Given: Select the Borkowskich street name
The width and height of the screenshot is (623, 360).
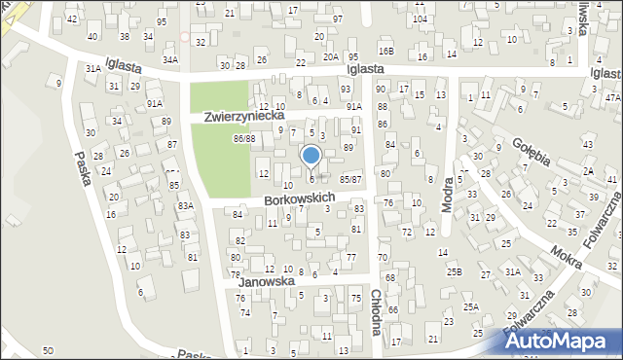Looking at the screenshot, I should click(x=300, y=198).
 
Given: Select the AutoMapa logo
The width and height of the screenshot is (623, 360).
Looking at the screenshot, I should click(x=562, y=341).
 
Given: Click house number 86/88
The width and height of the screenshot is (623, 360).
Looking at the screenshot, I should click(x=243, y=139).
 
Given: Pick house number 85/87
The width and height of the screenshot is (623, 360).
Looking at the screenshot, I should click(x=350, y=180).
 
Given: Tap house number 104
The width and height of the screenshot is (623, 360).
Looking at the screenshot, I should click(x=420, y=19).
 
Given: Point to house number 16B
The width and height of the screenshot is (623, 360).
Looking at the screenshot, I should click(x=386, y=51).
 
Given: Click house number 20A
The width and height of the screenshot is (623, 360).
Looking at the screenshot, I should click(x=331, y=57).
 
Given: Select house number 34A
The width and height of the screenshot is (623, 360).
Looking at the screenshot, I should click(x=170, y=59).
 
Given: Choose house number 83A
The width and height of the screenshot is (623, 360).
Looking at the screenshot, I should click(x=185, y=206).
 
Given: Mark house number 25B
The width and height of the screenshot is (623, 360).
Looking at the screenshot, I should click(x=454, y=272).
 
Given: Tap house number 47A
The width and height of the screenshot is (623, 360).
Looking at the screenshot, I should click(x=612, y=98).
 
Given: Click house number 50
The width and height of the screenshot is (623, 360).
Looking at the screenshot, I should click(x=48, y=349).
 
